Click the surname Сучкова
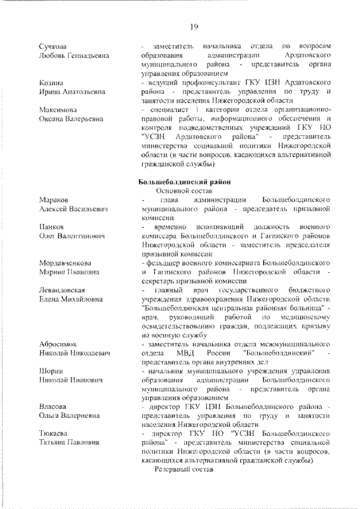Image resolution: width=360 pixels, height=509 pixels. click(53, 46)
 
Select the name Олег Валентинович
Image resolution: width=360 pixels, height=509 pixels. click(72, 236)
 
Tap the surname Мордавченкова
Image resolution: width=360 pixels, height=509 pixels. click(66, 263)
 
